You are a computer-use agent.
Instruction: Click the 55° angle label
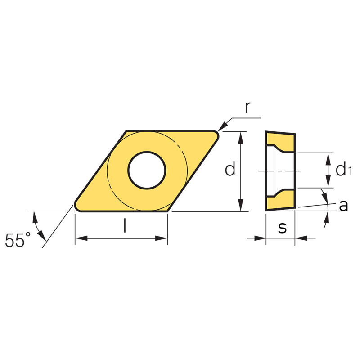coord(18,240)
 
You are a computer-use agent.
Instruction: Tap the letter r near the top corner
coord(247,108)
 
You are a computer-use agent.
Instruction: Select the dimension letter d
coord(230,168)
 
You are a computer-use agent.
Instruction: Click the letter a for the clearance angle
coord(343,205)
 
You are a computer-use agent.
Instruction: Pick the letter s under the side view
coord(283,228)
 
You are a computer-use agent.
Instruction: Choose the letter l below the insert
coord(125,226)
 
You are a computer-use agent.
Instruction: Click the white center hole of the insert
coord(147,171)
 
